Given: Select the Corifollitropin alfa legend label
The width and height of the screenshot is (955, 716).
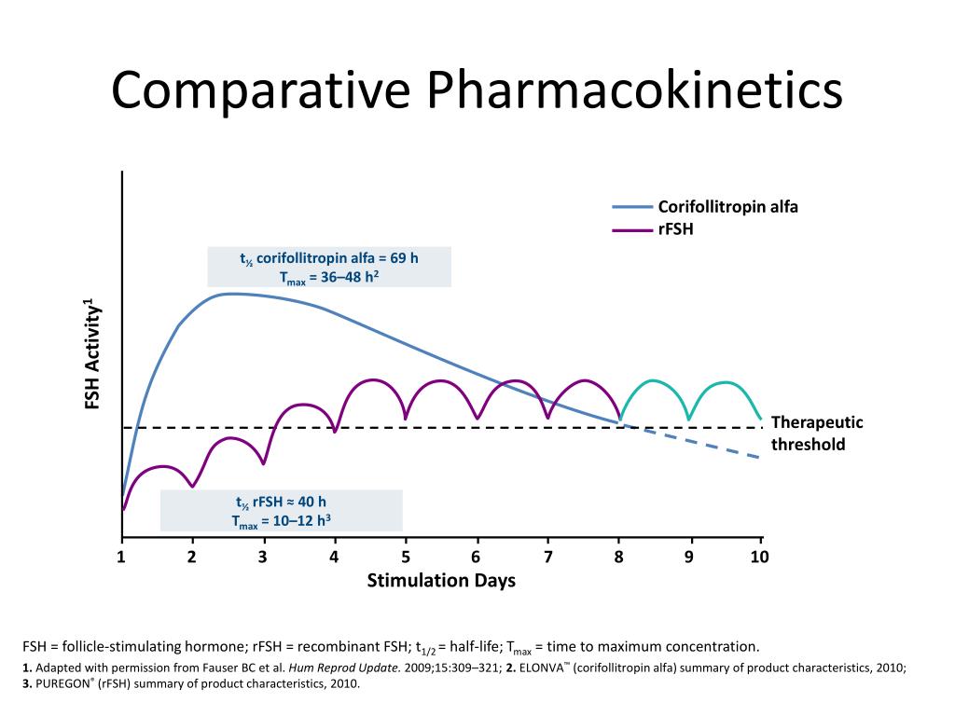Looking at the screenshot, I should coord(728,206).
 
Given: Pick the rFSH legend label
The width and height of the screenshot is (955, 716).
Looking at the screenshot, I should coord(676,227).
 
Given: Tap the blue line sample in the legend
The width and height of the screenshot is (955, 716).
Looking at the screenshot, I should coord(632,207).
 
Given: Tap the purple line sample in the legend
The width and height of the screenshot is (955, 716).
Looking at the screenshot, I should coord(632,227).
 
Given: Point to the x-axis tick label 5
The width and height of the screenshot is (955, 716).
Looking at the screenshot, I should coord(406,557).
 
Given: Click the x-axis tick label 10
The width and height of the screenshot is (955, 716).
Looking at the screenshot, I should coord(759,557).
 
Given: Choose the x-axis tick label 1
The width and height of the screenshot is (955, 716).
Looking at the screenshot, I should coord(121,557).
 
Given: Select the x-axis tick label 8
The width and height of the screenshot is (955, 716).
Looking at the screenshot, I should coord(618,557).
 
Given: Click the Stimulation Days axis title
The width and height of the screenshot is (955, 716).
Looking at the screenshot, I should coord(441,581).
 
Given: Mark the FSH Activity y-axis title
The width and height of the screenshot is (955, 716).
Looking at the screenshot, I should coord(92,354).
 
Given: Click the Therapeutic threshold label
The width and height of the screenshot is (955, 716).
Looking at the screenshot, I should coord(816,434).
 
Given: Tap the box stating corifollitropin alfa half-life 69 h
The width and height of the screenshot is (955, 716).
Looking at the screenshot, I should coord(329,268).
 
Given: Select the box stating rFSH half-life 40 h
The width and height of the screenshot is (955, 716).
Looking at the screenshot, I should coord(281,511).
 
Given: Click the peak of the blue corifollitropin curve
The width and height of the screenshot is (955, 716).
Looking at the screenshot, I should coord(228,294).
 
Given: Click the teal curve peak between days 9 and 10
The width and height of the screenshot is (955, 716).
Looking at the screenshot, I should coord(725,381).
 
